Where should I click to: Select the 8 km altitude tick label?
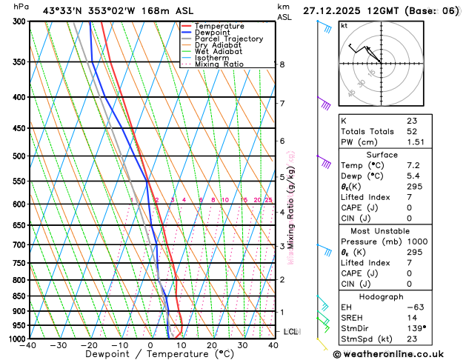[x=282, y=64]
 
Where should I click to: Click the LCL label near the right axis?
[x=290, y=331]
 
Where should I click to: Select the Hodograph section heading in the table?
[x=376, y=296]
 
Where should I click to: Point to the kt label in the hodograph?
[x=344, y=25]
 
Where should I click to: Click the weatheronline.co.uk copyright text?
[x=399, y=353]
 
